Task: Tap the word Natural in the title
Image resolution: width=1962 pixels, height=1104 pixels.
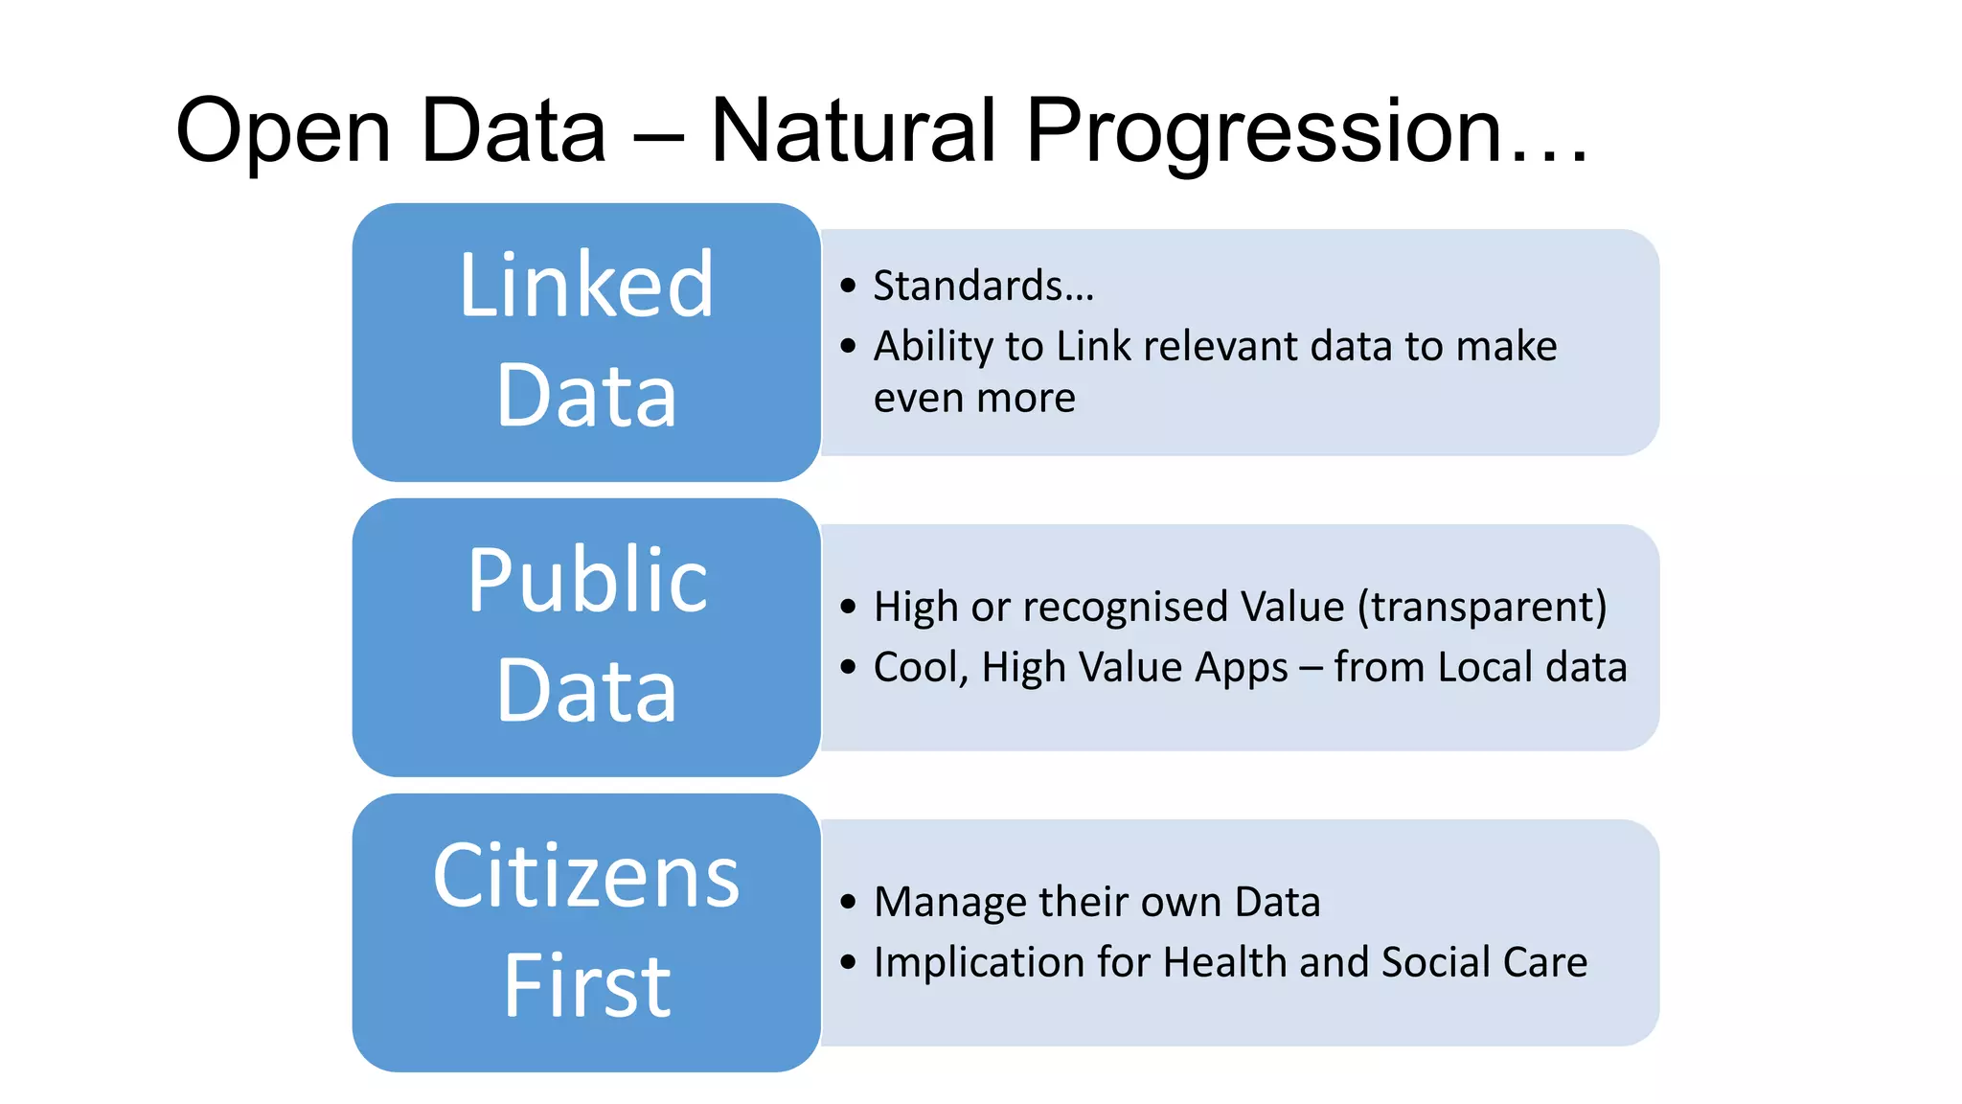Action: coord(854,130)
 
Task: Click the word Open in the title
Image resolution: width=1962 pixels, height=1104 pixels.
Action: coord(284,130)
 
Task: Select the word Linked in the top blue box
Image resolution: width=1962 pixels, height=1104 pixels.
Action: coord(586,285)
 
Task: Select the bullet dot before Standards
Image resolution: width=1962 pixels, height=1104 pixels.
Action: coord(848,286)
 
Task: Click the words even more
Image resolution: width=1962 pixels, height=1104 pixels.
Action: coord(974,398)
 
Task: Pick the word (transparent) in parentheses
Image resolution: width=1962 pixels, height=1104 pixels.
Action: coord(1482,607)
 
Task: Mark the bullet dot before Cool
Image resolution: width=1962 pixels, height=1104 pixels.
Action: coord(848,667)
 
